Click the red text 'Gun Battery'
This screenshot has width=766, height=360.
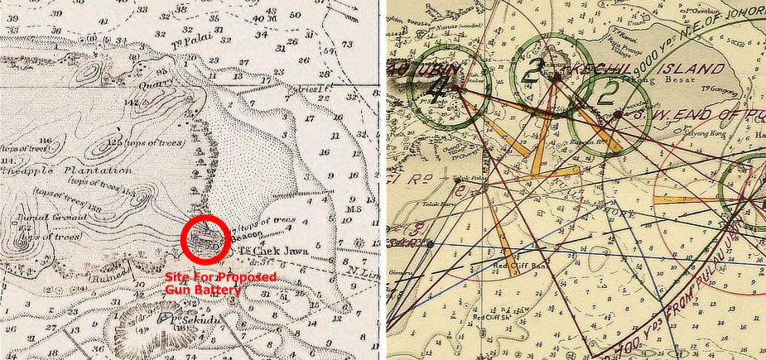click(202, 290)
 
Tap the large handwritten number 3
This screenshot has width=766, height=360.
click(535, 68)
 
